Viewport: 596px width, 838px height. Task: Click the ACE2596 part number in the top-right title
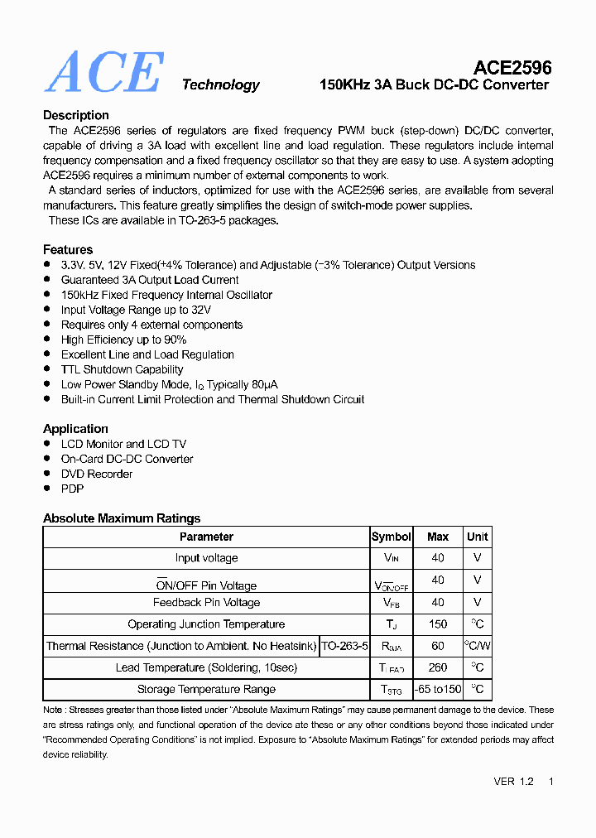tap(512, 67)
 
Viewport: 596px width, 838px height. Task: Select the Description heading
tap(76, 115)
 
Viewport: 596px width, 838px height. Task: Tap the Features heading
tap(68, 249)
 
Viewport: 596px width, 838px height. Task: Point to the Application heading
tap(75, 429)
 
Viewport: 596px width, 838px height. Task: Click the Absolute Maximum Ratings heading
tap(122, 518)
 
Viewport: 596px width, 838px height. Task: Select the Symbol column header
tap(391, 537)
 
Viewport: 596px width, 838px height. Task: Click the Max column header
tap(438, 537)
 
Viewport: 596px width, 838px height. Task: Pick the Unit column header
tap(477, 537)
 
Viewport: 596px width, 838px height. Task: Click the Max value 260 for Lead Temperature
tap(438, 667)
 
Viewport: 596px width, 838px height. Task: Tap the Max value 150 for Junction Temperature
tap(438, 624)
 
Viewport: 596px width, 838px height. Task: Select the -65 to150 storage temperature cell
tap(438, 689)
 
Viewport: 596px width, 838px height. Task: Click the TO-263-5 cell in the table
tap(344, 646)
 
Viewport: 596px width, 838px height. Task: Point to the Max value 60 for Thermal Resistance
tap(438, 646)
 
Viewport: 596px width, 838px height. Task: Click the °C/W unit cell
tap(477, 646)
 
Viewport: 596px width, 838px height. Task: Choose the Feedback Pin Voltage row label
tap(206, 603)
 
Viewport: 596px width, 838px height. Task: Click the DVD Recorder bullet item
tap(97, 474)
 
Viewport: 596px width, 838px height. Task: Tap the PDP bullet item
tap(72, 489)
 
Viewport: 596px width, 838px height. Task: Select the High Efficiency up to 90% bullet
tap(123, 340)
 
